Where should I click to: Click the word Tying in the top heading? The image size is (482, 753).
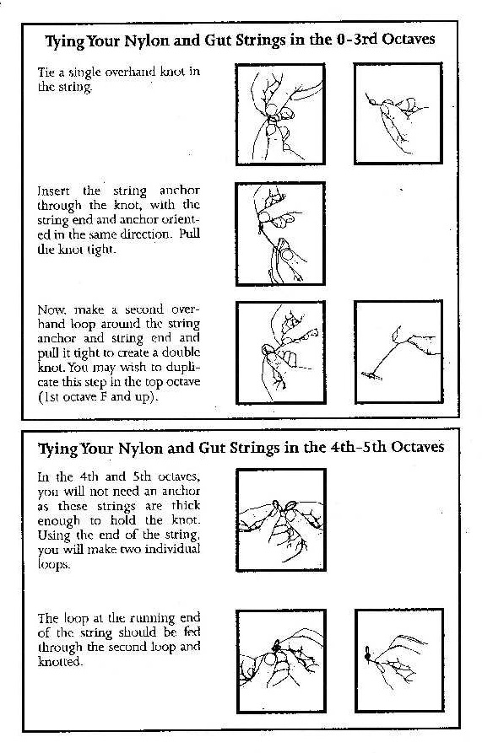click(x=65, y=40)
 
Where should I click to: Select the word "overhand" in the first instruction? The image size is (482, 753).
click(x=130, y=72)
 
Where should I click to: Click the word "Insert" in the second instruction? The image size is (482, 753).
click(x=53, y=191)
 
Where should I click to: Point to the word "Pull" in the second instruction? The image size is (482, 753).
click(x=189, y=234)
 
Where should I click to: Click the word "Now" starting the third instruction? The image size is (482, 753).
click(x=51, y=309)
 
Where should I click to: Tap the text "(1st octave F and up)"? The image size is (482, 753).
click(x=98, y=397)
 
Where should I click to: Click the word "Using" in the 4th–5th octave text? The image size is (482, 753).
click(x=54, y=535)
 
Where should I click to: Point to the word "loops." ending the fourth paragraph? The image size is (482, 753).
click(x=54, y=564)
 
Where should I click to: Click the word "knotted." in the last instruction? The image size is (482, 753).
click(x=58, y=662)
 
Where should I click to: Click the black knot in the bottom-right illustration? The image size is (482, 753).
click(x=368, y=653)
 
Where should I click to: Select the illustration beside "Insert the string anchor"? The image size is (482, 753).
click(x=280, y=234)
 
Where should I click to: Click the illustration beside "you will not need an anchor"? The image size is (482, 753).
click(x=280, y=520)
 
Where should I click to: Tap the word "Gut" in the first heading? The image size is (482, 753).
click(x=217, y=40)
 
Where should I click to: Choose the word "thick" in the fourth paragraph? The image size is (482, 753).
click(x=186, y=506)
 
